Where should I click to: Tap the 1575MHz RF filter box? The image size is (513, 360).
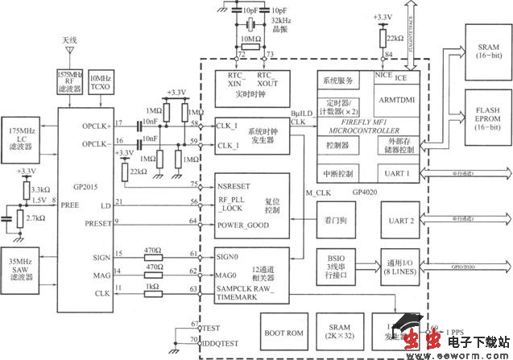pos(66,80)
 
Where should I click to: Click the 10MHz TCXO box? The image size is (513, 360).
pos(100,80)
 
